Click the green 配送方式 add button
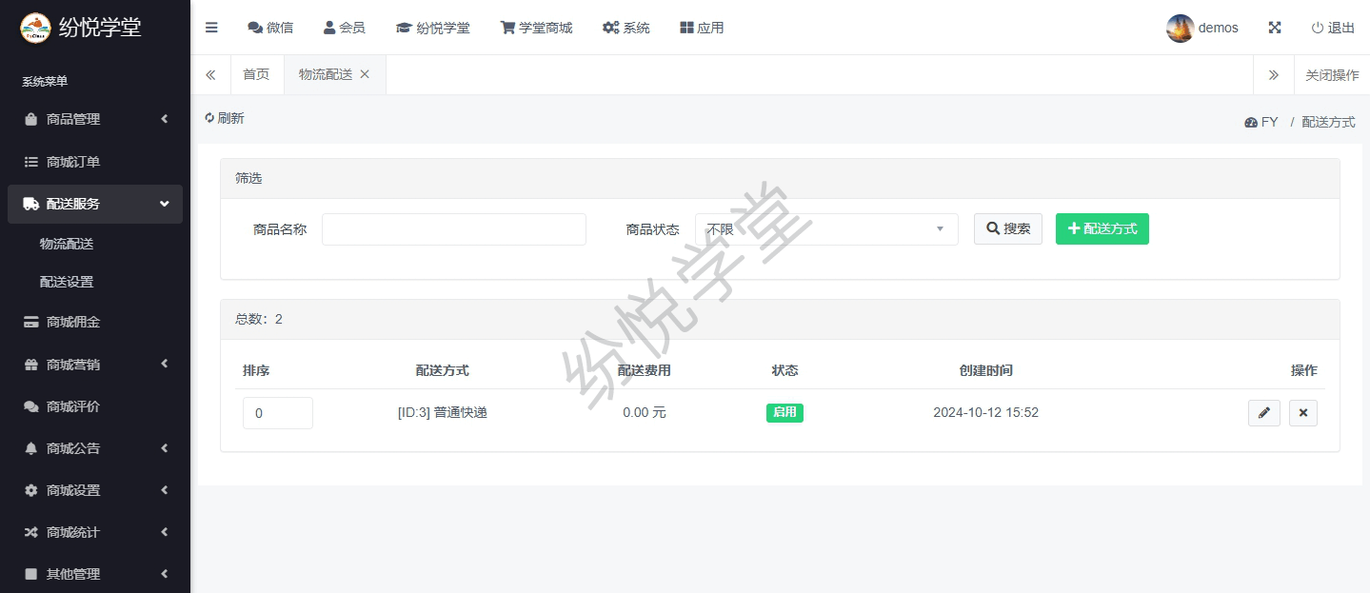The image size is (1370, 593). tap(1102, 228)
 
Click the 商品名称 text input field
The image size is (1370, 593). tap(453, 229)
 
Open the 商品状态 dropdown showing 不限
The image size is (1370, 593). tap(825, 229)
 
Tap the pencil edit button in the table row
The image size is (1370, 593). tap(1263, 413)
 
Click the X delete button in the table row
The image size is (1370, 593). tap(1302, 413)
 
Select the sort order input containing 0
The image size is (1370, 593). tap(277, 413)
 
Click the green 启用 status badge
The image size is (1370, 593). tap(784, 413)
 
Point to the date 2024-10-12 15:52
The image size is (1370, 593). tap(985, 413)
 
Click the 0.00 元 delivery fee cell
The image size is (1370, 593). tap(644, 413)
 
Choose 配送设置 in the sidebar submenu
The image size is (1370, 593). tap(67, 282)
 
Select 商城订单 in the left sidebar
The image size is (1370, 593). tap(73, 162)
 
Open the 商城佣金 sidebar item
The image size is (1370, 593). tap(73, 322)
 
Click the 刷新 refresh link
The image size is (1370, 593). tap(225, 118)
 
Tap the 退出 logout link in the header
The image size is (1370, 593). tap(1333, 28)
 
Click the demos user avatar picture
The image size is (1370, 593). tap(1180, 28)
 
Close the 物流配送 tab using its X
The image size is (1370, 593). tap(365, 74)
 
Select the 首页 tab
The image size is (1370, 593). tap(256, 74)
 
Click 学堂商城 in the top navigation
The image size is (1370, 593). tap(536, 28)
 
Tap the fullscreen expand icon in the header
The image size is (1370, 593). tap(1275, 28)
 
